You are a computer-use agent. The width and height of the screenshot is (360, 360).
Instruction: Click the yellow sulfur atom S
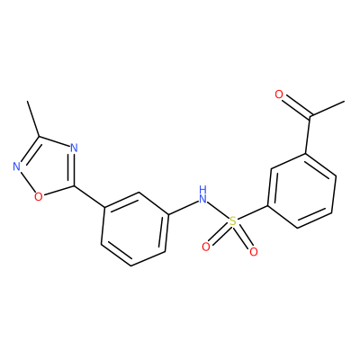[233, 221]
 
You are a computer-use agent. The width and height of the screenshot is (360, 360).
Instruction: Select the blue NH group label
[203, 194]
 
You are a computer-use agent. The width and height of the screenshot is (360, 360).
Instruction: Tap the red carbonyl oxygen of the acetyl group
[279, 94]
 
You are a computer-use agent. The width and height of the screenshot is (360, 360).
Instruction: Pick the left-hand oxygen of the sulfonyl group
[206, 247]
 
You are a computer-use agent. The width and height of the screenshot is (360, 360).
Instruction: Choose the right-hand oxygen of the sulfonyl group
[254, 252]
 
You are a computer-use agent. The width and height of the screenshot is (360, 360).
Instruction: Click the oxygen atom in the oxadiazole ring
[38, 197]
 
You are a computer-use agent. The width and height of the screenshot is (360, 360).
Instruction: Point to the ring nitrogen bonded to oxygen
[17, 166]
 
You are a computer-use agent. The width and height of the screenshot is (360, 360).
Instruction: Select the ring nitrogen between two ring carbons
[74, 148]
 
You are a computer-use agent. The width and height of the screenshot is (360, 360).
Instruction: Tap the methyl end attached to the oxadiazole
[28, 101]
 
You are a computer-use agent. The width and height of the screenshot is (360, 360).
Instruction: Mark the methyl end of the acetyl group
[344, 102]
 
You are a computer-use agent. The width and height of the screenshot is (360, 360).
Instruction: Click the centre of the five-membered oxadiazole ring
[45, 167]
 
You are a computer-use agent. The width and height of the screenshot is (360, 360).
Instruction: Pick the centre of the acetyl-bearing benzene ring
[301, 191]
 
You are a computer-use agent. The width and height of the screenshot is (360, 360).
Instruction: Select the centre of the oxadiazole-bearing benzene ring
[135, 229]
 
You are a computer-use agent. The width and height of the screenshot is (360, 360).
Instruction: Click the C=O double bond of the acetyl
[295, 105]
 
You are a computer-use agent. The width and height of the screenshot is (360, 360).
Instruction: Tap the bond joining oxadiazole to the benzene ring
[89, 197]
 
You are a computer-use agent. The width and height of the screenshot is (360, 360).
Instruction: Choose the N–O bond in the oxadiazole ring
[27, 181]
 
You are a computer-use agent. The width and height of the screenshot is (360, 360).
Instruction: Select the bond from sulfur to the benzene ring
[252, 214]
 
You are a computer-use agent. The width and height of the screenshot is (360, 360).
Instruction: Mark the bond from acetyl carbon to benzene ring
[308, 135]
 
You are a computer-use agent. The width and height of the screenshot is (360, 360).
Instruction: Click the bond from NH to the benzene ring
[183, 207]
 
